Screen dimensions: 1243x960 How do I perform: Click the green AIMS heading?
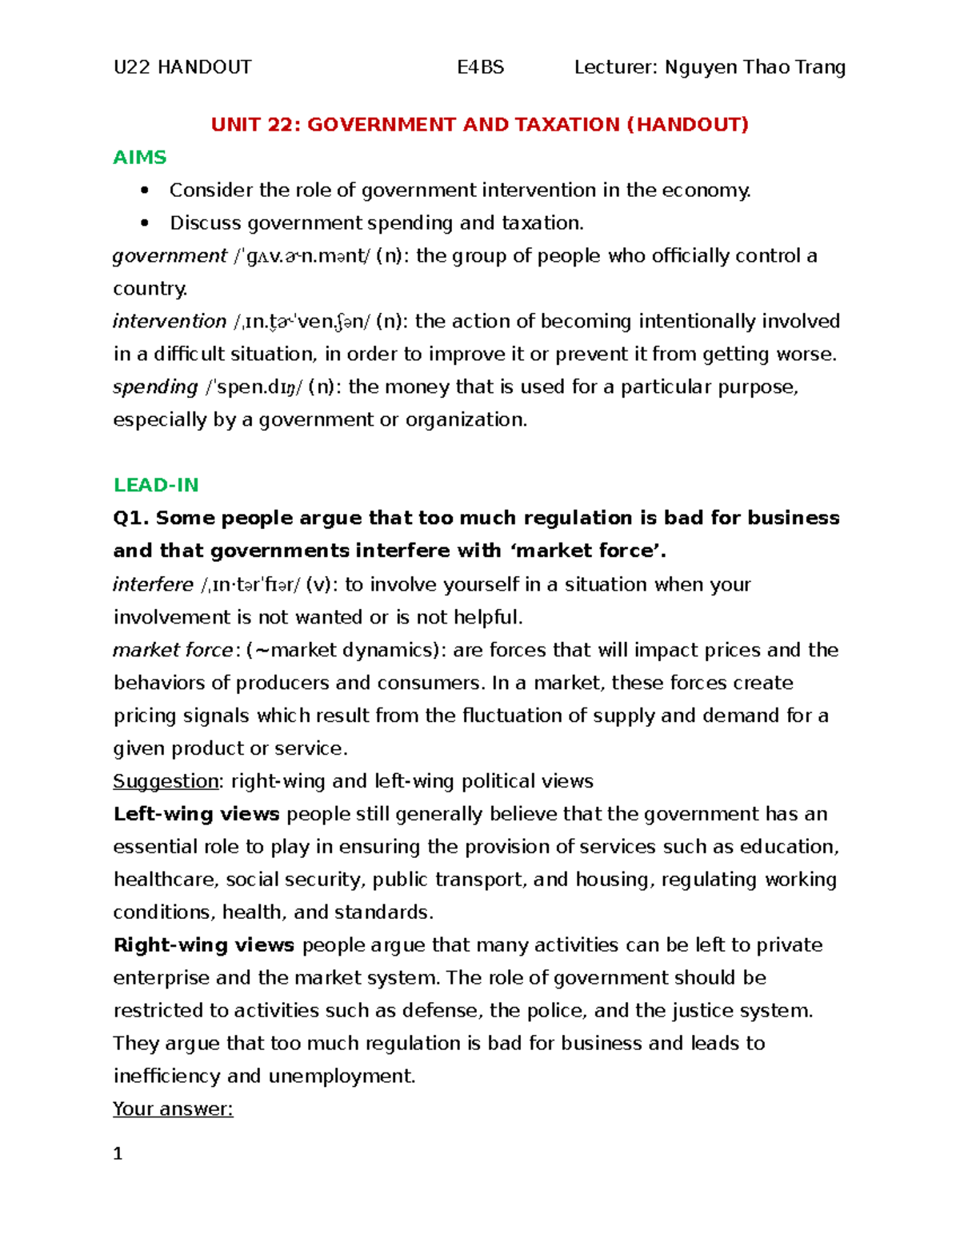(139, 157)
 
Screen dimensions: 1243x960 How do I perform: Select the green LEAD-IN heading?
(156, 485)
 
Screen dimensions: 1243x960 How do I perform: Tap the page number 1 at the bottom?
(118, 1153)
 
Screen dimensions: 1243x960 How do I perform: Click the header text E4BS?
(480, 67)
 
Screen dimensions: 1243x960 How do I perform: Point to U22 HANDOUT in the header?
(182, 67)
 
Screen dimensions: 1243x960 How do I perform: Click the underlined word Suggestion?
(166, 781)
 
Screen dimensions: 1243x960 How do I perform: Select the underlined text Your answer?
(173, 1109)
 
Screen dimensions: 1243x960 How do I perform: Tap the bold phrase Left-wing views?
(196, 814)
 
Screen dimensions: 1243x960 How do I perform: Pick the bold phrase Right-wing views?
(204, 945)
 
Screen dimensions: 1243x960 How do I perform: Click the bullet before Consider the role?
(145, 190)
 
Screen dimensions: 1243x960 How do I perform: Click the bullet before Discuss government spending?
(145, 223)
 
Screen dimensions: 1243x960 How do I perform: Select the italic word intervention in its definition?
(170, 322)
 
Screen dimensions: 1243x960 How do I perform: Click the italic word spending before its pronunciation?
(155, 387)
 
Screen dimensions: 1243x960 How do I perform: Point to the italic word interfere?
(153, 584)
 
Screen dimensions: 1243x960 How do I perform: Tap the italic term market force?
(173, 650)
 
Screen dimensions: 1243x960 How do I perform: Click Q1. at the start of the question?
(131, 518)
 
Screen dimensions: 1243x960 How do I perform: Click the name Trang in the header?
(820, 67)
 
